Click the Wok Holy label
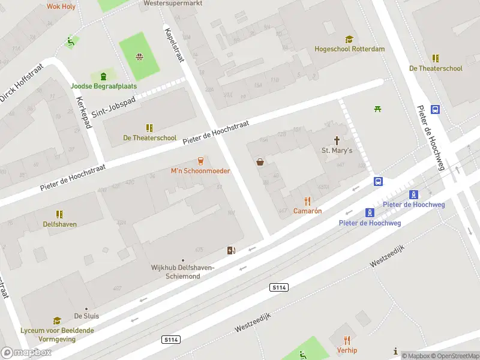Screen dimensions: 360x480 61,6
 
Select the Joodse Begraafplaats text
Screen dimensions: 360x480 104,86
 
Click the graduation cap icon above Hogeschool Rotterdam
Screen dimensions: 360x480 349,39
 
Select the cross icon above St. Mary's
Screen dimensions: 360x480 337,140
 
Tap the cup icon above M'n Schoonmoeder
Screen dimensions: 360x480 200,161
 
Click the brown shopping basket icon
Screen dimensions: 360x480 260,161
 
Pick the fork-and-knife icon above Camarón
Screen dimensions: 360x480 308,201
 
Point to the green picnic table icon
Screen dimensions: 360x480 378,109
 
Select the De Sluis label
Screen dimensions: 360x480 86,316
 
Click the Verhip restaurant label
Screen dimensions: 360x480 347,350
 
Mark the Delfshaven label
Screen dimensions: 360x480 59,224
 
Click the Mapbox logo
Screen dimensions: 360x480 26,352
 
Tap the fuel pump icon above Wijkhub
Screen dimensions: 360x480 231,250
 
